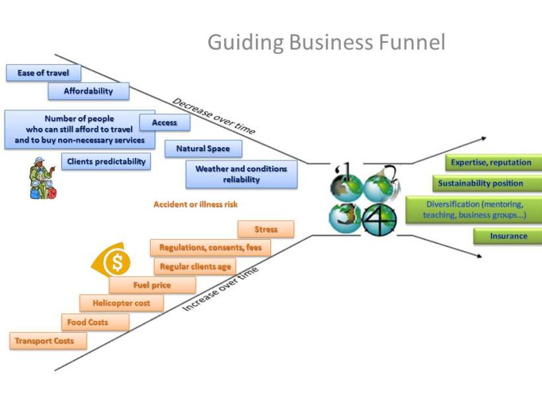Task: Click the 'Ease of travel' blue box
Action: (44, 73)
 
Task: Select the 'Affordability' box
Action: (89, 91)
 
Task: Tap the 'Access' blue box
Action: (165, 122)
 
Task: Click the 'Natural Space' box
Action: (203, 149)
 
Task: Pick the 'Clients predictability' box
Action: (106, 161)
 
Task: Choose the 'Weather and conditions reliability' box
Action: (241, 174)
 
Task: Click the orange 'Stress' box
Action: (266, 230)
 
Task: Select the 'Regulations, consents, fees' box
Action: (210, 248)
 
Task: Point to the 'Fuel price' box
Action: (152, 285)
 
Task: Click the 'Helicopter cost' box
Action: (121, 304)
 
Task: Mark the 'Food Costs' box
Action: (87, 322)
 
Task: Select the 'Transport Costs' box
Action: (49, 341)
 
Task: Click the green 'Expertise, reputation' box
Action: (491, 162)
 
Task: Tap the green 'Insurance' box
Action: (508, 236)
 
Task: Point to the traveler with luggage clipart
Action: (42, 178)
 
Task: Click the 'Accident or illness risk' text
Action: (196, 205)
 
